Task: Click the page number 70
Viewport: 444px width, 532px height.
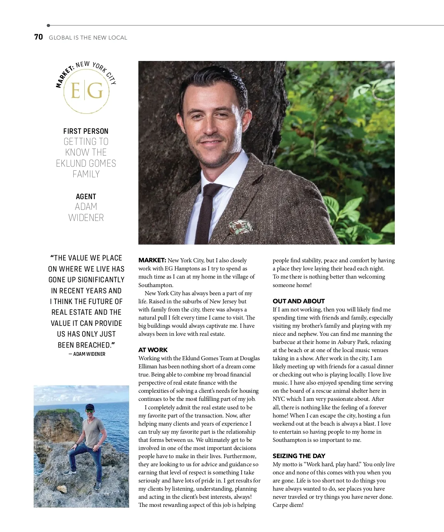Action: (x=38, y=37)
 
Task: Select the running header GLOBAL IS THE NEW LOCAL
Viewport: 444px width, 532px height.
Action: (x=88, y=38)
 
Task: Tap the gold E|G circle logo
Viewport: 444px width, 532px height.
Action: (x=86, y=91)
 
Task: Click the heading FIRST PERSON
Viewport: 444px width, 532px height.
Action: (x=86, y=131)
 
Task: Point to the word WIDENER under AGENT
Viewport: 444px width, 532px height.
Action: (x=86, y=218)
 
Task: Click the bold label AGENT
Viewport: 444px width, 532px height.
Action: (x=86, y=197)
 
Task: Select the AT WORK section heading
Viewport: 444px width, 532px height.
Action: (x=153, y=350)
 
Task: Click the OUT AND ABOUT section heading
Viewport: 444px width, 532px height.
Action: (x=299, y=301)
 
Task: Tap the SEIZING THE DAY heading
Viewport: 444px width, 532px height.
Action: (x=299, y=456)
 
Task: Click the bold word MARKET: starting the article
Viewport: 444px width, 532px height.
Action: (x=152, y=260)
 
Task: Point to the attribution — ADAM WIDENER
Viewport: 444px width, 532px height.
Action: (x=87, y=354)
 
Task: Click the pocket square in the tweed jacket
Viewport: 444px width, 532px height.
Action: (x=241, y=226)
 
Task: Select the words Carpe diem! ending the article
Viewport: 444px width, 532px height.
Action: (x=288, y=505)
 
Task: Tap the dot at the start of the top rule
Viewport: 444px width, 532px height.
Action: (x=48, y=25)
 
